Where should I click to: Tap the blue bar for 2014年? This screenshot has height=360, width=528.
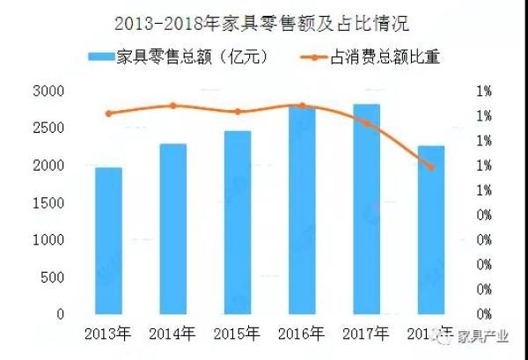coord(173,229)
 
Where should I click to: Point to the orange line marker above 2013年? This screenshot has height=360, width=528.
coord(109,114)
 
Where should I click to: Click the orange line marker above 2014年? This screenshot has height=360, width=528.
coord(173,106)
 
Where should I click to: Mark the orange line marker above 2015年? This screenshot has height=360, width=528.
coord(238,112)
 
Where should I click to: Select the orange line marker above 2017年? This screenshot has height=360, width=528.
coord(367,123)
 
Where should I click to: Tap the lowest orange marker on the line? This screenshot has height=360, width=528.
coord(431,166)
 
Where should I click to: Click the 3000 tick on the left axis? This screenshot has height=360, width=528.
coord(49,92)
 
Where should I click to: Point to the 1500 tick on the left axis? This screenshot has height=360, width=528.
coord(49,203)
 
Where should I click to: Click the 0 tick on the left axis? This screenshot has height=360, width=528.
coord(60,314)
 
